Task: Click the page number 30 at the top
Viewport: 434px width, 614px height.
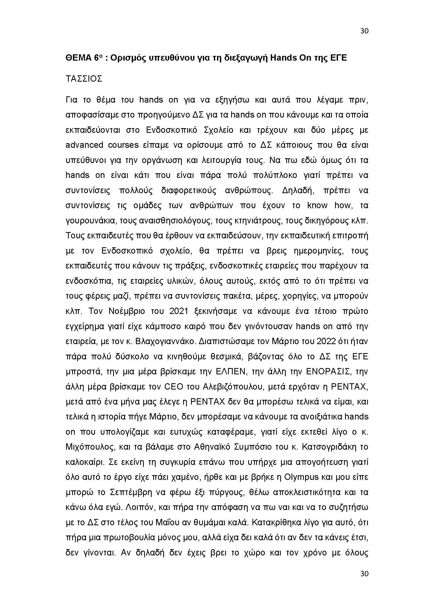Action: [364, 31]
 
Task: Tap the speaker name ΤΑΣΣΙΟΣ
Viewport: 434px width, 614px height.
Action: [84, 79]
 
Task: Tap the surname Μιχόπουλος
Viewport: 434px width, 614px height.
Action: [88, 447]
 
